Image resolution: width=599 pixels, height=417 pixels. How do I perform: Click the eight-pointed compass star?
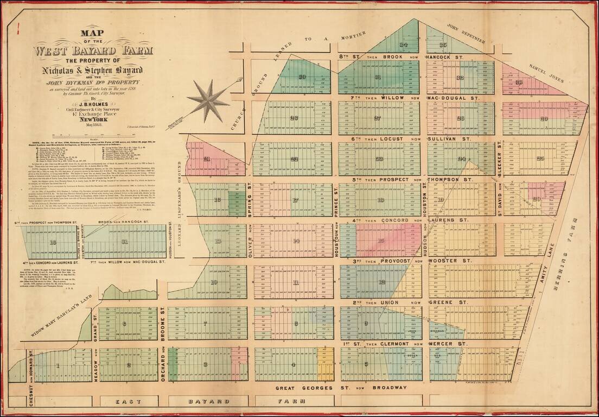(208, 100)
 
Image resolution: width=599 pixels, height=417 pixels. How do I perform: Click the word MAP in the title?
(93, 33)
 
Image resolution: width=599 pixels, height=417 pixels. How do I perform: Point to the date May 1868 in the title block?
(93, 131)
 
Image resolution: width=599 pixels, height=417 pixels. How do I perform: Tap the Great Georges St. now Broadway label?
(340, 388)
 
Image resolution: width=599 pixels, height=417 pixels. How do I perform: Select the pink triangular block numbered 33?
(520, 83)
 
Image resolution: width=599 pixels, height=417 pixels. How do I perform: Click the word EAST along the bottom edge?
(130, 401)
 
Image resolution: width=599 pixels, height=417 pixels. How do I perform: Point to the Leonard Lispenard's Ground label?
(181, 188)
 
